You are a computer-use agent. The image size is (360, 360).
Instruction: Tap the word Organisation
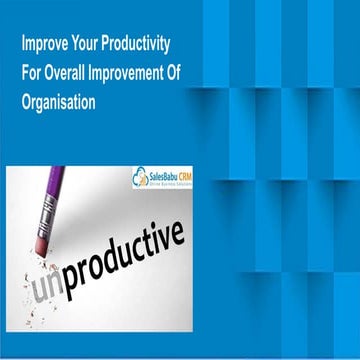(x=57, y=101)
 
